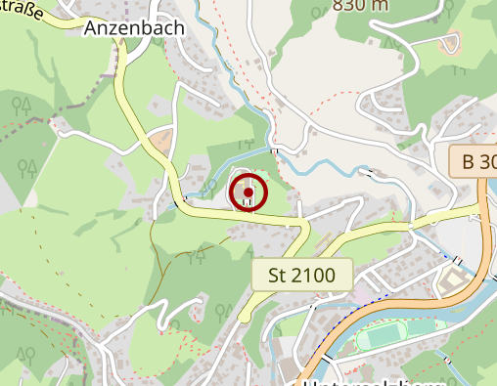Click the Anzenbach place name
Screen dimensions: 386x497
134,28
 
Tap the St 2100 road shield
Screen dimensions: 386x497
301,275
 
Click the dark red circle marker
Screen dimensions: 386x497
248,192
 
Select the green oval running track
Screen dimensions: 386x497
391,339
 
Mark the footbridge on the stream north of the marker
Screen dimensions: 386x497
275,151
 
